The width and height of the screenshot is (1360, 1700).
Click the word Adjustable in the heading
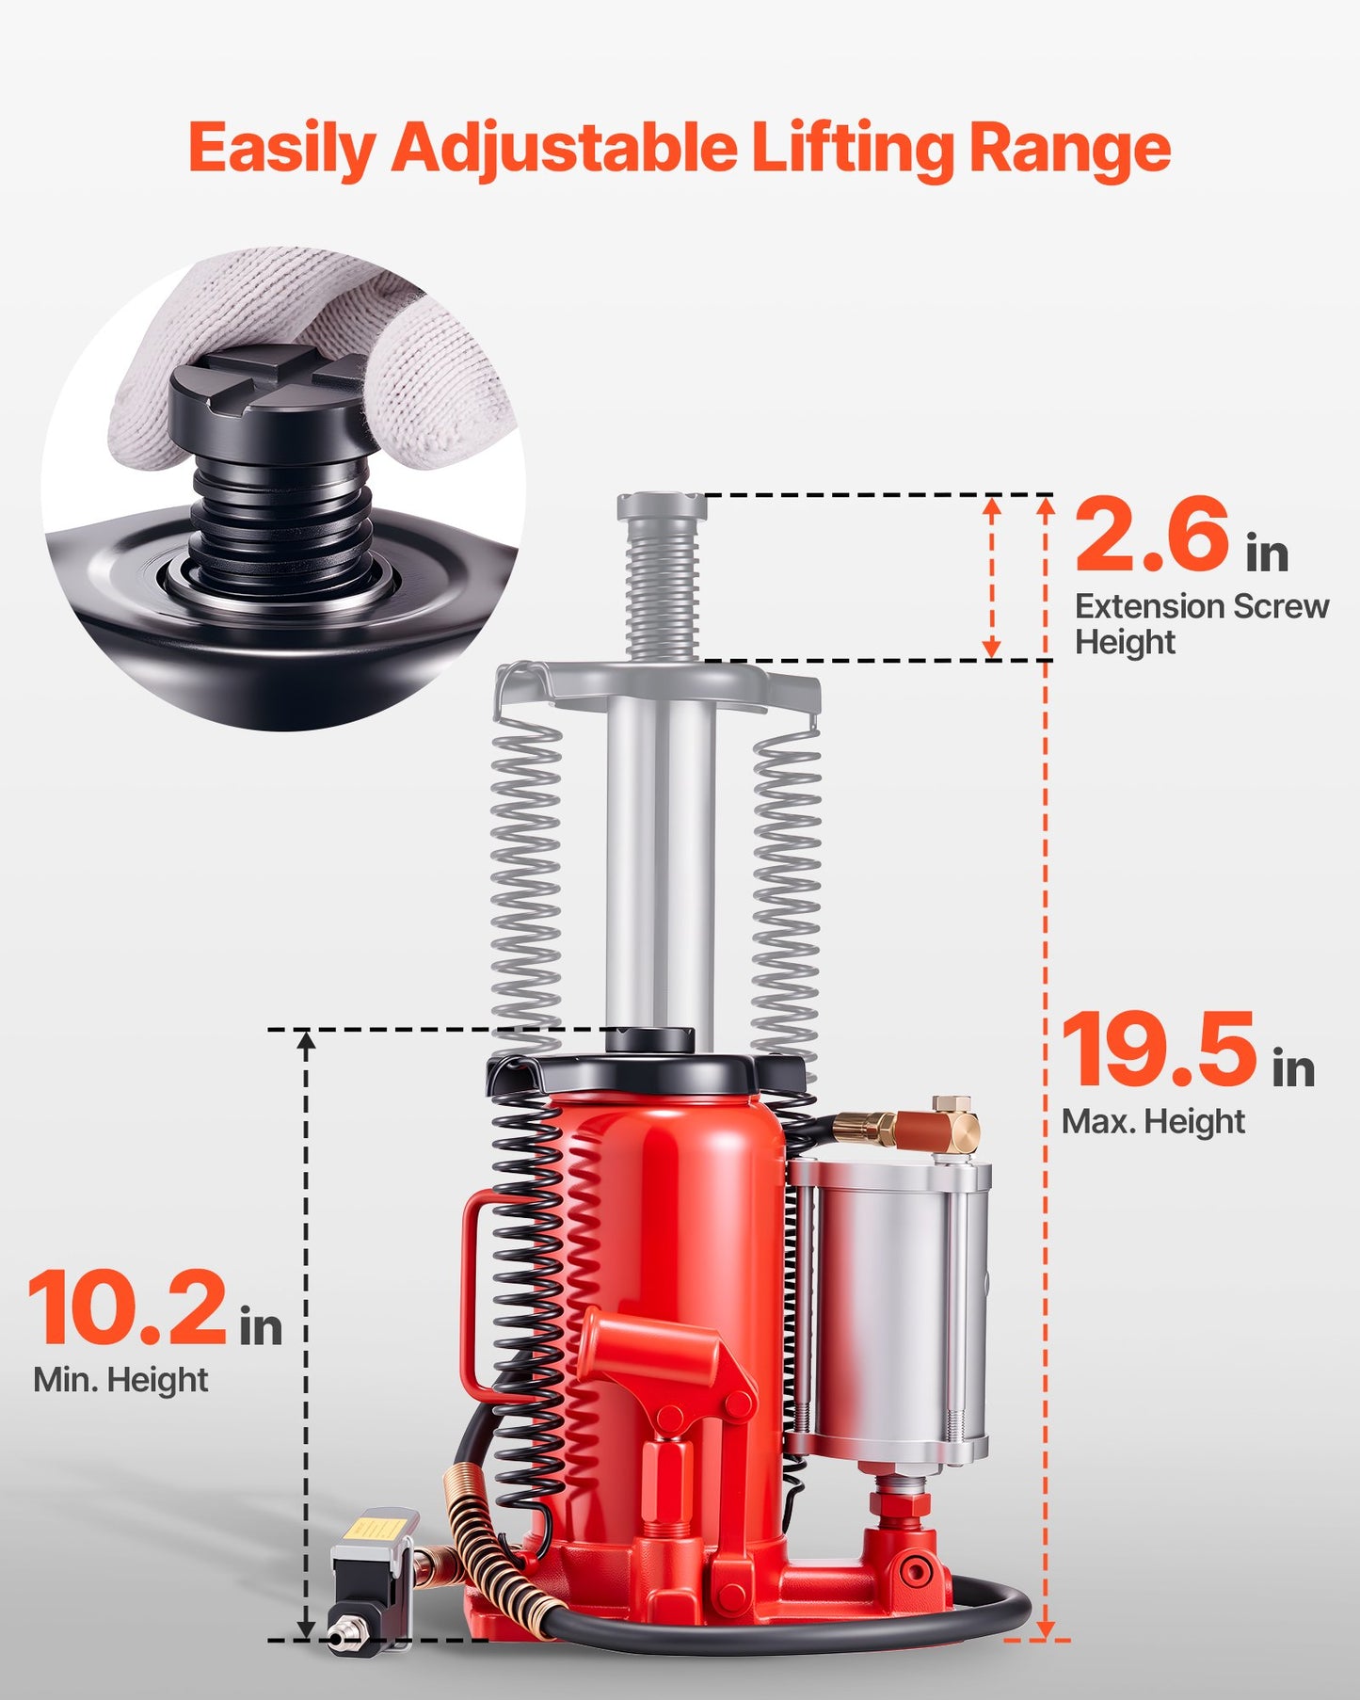click(563, 149)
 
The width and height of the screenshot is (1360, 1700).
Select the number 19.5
click(1159, 1050)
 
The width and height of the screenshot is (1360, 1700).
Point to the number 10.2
click(127, 1308)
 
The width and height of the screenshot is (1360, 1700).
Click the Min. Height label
click(120, 1380)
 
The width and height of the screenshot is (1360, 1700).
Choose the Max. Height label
click(1153, 1121)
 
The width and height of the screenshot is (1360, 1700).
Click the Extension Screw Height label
click(1201, 623)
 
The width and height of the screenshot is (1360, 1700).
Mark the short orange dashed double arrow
click(991, 577)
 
